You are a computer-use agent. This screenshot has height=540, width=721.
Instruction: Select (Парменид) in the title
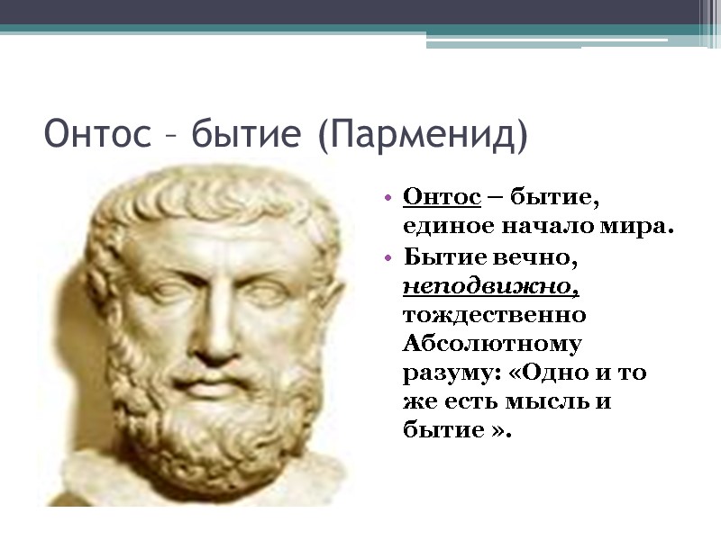tap(421, 136)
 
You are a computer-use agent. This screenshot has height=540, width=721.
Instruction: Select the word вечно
tap(531, 257)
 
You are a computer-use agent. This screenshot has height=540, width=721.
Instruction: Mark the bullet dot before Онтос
tap(387, 196)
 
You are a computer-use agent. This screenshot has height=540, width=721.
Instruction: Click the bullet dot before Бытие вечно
tap(387, 258)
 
